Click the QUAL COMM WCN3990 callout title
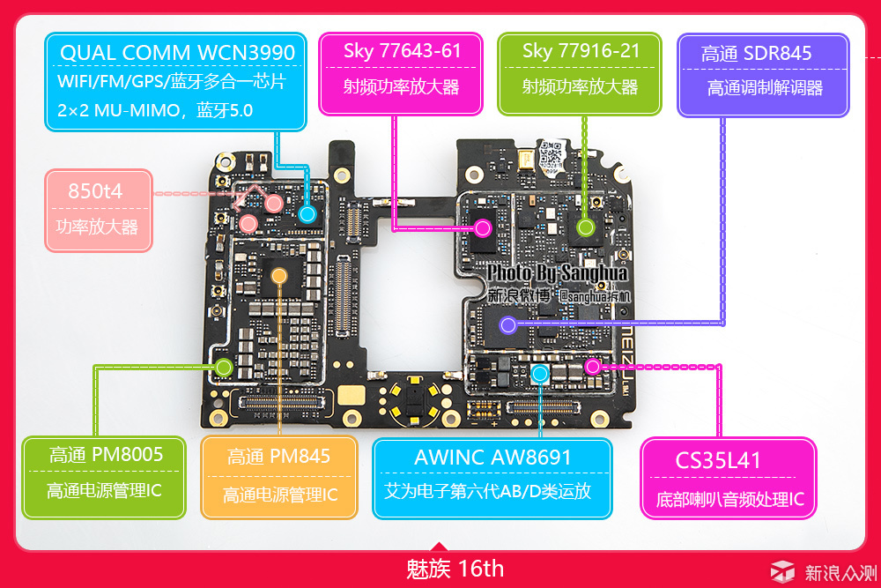(x=177, y=53)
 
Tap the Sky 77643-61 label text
(x=402, y=51)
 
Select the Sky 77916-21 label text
(x=581, y=51)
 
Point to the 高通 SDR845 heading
(x=756, y=54)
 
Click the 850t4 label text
(x=95, y=191)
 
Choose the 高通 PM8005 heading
(x=106, y=454)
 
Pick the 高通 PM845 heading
(x=278, y=456)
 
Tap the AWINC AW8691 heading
(x=492, y=458)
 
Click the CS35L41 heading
(x=717, y=460)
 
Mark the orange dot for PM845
(x=278, y=275)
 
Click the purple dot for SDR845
(x=508, y=325)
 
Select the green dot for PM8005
(x=224, y=368)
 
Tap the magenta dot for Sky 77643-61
(x=483, y=228)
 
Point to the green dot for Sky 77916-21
(x=586, y=227)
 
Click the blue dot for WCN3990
(x=307, y=213)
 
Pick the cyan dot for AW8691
(x=540, y=373)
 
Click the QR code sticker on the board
(x=551, y=155)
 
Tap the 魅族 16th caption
(x=455, y=569)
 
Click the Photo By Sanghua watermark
(x=557, y=273)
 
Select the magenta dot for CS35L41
(x=592, y=367)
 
